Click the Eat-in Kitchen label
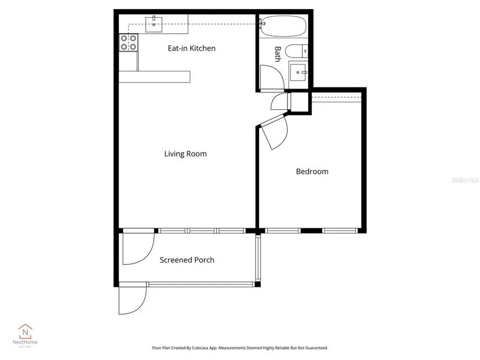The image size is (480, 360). (191, 48)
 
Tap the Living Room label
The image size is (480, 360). (185, 154)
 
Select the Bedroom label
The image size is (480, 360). (312, 171)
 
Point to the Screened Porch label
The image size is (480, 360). (187, 260)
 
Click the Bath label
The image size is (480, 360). (277, 54)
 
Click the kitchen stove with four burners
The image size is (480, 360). (129, 43)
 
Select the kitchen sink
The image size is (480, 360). (154, 23)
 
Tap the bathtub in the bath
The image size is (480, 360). (283, 27)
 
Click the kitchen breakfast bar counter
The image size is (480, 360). (154, 77)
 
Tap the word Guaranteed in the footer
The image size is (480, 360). (315, 348)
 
